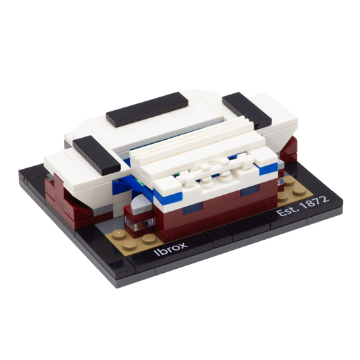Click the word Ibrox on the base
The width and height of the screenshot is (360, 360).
171,249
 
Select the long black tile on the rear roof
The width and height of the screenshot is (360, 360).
147,109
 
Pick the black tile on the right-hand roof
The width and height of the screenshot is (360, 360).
247,110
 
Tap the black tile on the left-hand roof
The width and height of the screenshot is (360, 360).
97,155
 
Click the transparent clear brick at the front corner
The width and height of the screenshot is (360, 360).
138,224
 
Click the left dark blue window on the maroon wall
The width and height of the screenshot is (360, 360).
192,209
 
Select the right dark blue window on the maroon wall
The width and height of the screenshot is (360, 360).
250,191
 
